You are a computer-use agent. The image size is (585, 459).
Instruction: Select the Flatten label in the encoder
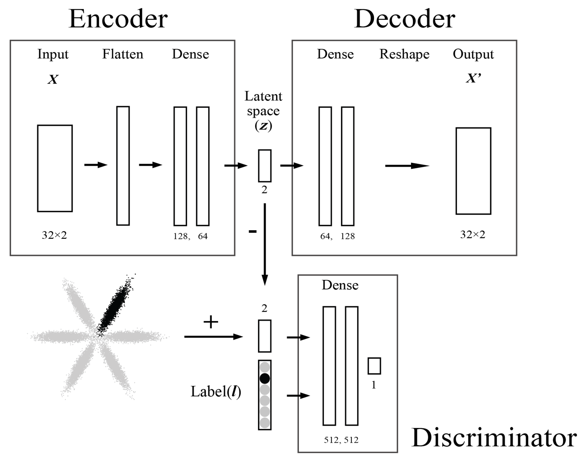[x=122, y=54]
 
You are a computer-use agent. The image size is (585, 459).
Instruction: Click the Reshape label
[x=404, y=54]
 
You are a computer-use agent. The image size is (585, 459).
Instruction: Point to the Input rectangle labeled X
[x=55, y=168]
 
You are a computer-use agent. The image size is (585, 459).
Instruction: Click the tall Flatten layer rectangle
[x=123, y=166]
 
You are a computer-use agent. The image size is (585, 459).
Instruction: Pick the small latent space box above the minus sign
[x=265, y=166]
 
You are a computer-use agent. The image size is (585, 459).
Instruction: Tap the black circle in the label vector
[x=265, y=378]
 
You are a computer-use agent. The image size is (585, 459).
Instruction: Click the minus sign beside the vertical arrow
[x=252, y=231]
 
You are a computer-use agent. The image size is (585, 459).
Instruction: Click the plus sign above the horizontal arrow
[x=211, y=322]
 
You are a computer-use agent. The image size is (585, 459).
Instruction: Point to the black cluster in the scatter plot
[x=116, y=306]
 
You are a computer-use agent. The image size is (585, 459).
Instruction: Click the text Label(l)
[x=215, y=392]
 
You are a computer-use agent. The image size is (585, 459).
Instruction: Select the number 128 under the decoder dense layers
[x=347, y=236]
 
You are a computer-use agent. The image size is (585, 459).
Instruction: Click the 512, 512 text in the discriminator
[x=341, y=440]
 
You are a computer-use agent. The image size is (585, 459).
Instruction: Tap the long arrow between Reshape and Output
[x=407, y=166]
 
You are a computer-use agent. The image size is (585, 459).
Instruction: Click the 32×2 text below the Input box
[x=54, y=235]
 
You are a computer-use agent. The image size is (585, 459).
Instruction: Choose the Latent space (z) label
[x=263, y=111]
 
